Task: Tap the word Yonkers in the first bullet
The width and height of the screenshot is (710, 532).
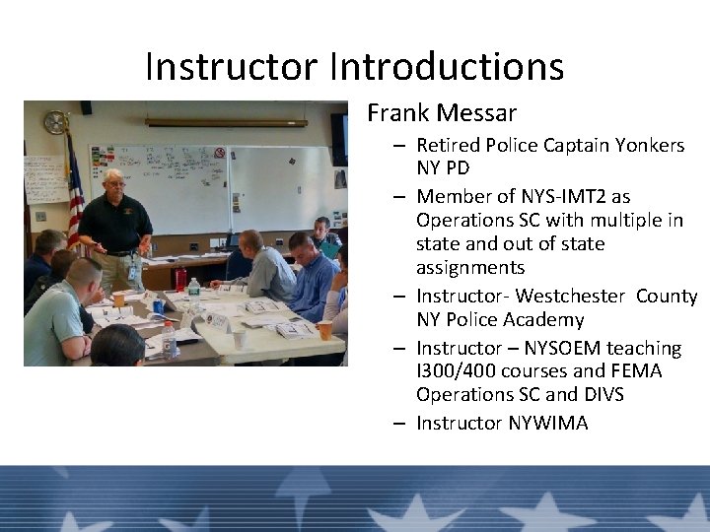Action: click(x=648, y=145)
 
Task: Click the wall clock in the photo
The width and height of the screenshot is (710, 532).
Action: click(x=55, y=122)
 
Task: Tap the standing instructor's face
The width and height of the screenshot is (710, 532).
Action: click(x=115, y=185)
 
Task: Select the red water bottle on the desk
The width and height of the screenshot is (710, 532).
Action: click(x=180, y=280)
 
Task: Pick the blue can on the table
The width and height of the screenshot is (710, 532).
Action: click(x=158, y=306)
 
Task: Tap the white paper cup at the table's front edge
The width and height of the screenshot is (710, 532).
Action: click(x=240, y=338)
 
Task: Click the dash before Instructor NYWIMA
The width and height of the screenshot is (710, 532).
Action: click(x=396, y=424)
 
